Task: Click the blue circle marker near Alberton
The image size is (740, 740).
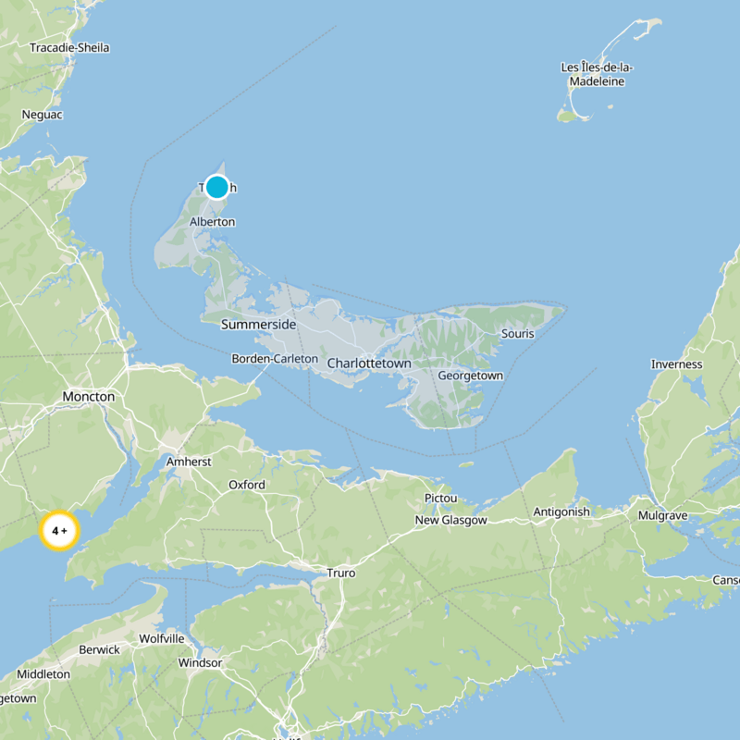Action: (x=216, y=187)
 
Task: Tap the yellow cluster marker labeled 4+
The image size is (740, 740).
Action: (x=60, y=531)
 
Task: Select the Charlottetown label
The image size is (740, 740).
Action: (x=369, y=364)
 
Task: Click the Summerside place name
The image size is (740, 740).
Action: (x=258, y=325)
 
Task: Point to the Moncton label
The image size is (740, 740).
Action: (x=89, y=397)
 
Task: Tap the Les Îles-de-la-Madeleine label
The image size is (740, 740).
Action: (x=597, y=75)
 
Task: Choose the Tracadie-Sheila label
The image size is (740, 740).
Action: (x=69, y=47)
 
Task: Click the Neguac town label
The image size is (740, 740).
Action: (x=41, y=115)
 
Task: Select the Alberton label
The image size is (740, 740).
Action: (x=212, y=222)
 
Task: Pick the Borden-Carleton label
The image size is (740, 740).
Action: (x=275, y=358)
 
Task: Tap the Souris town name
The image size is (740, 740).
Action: (x=517, y=333)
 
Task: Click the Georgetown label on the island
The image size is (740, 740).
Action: (x=470, y=376)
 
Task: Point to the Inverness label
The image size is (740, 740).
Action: (x=676, y=364)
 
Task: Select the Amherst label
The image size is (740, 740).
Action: (x=189, y=461)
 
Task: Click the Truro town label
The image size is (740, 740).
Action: (x=340, y=573)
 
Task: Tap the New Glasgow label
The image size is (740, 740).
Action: (x=450, y=521)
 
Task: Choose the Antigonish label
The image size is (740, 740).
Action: (x=561, y=512)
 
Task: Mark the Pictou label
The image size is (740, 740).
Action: (x=440, y=499)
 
